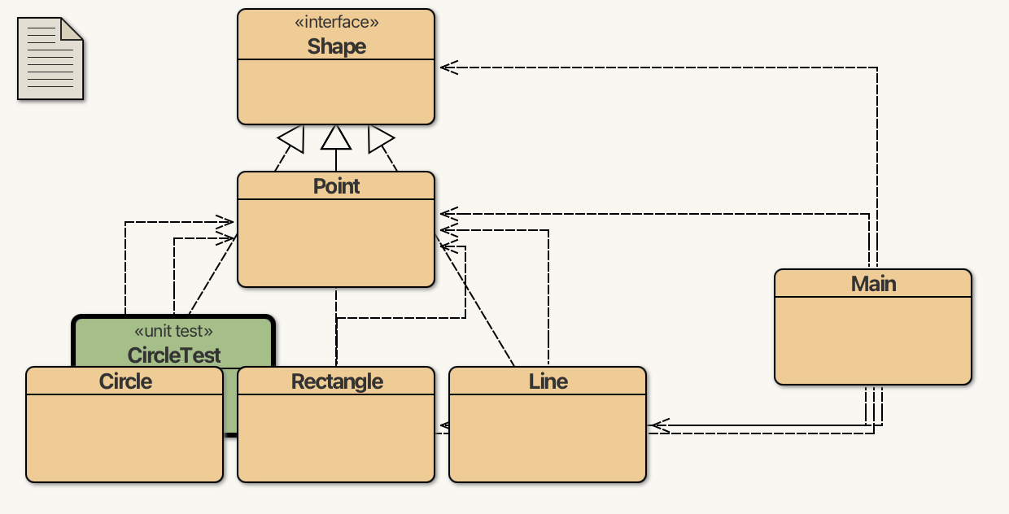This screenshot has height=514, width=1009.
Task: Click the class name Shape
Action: (336, 46)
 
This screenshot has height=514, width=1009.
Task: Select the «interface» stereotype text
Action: (336, 23)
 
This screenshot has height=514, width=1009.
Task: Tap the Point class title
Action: (336, 186)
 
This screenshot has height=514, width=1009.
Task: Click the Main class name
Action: (873, 284)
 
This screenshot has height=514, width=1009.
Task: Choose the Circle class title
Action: (125, 381)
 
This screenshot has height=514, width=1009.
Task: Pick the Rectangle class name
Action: (337, 381)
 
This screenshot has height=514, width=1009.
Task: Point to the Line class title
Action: (548, 381)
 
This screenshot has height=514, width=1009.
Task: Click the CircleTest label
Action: (174, 355)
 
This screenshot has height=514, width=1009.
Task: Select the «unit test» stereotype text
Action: (173, 331)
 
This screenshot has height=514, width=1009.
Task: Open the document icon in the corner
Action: (50, 59)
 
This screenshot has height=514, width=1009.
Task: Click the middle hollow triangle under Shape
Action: (336, 139)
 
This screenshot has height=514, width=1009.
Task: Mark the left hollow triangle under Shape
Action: (292, 140)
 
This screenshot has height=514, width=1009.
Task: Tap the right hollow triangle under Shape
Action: (379, 139)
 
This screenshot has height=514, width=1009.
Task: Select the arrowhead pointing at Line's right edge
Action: (658, 425)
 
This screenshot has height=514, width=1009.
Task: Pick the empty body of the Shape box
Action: (336, 91)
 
